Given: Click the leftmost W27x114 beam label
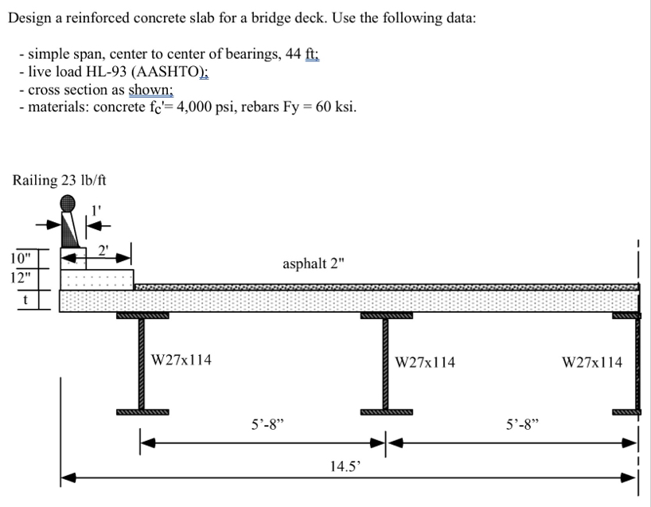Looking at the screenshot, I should [181, 360].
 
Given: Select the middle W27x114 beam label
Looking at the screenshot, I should [426, 362].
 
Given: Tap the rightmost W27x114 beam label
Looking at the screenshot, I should [592, 362].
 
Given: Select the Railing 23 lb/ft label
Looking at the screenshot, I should [60, 181].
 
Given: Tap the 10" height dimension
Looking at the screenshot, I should [21, 258].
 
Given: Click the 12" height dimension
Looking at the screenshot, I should [21, 278].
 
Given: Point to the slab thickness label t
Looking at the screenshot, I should [25, 300].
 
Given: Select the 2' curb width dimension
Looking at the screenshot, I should [103, 248].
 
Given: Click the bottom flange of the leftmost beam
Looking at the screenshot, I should [142, 412].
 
